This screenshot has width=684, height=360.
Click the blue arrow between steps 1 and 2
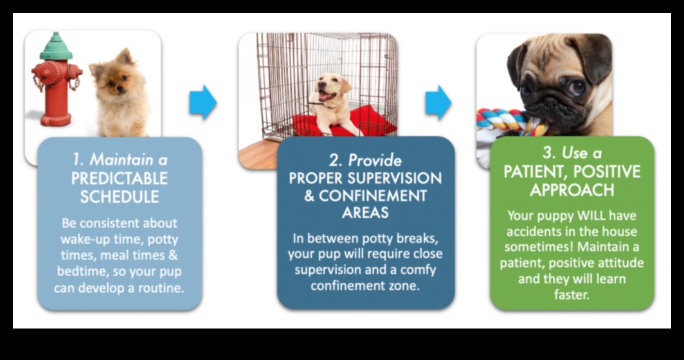click(203, 102)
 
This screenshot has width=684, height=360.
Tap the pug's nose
click(558, 94)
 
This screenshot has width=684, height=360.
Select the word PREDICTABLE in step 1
click(120, 178)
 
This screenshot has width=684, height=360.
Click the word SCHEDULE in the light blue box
click(120, 197)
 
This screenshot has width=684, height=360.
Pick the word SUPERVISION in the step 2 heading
click(398, 178)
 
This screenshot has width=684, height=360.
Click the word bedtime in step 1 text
click(84, 271)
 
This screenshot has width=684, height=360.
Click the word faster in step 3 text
click(571, 295)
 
